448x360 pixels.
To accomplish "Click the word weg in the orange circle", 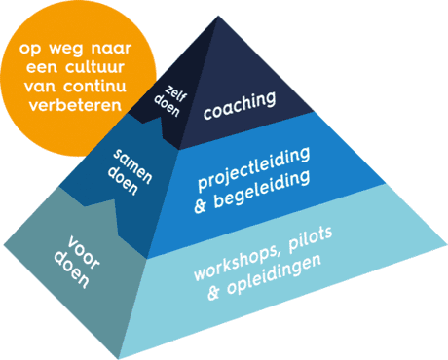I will coord(66,43).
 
